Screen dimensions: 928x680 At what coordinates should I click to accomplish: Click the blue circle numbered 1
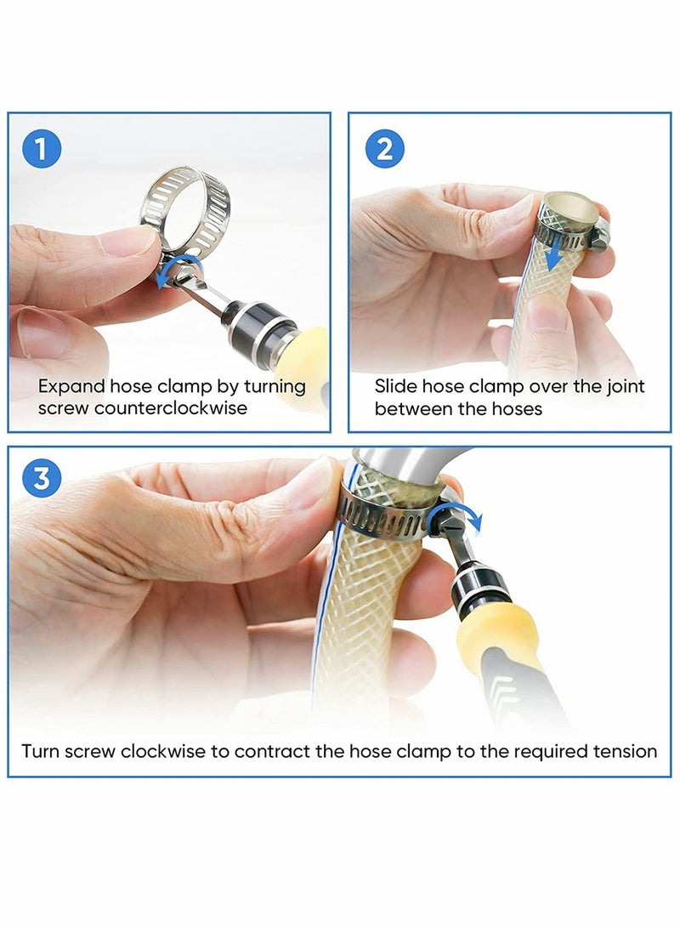point(41,150)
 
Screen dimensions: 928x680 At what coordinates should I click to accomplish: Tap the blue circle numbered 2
point(384,150)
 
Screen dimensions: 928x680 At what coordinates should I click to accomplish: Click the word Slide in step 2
point(394,386)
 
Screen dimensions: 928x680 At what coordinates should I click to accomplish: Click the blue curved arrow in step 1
point(179,270)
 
